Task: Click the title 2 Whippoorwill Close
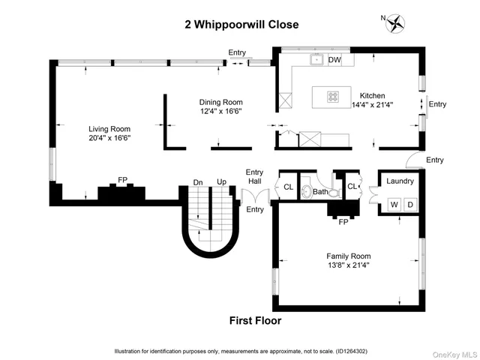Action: coord(241,25)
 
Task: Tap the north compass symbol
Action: coord(394,23)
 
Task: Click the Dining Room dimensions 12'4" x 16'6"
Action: coord(220,112)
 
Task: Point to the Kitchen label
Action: coord(372,96)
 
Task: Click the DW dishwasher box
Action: coord(334,60)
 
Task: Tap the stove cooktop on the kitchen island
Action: coord(331,96)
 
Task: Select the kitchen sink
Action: coord(317,60)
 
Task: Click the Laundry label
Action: coord(400,181)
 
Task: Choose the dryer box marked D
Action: coord(409,204)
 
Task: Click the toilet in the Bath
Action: coord(307,193)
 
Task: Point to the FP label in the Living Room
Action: coord(122,180)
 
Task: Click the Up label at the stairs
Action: coord(221,182)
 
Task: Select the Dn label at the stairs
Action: coord(198,182)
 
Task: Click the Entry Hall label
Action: coord(255,177)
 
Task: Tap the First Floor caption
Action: coord(259,321)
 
